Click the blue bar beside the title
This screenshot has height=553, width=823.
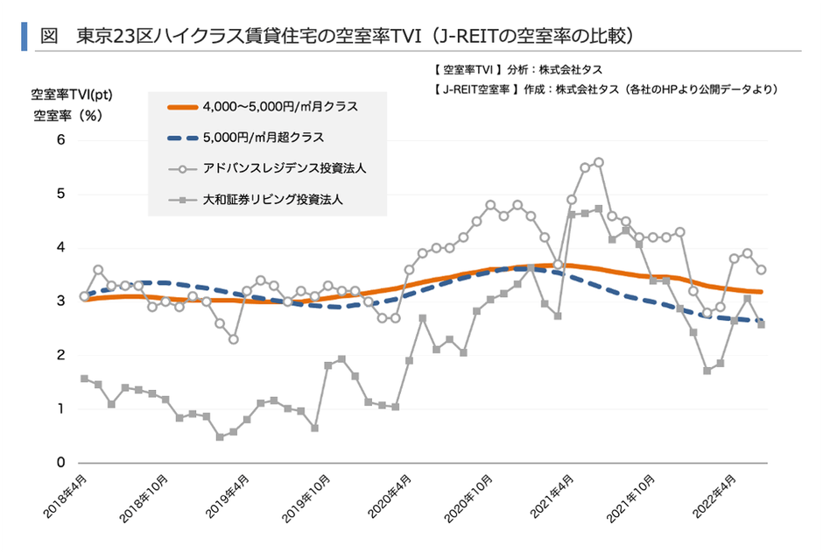[24, 36]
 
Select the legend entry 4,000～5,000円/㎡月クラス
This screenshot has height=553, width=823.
[279, 107]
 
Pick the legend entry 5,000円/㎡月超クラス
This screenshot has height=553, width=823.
[263, 138]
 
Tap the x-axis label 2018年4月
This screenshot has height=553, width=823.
[67, 498]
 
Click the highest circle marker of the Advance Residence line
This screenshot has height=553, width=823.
[599, 162]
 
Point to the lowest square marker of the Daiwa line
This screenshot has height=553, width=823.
[220, 436]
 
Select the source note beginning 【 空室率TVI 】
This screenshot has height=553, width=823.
[517, 69]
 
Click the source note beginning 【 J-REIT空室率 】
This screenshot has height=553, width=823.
[605, 89]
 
